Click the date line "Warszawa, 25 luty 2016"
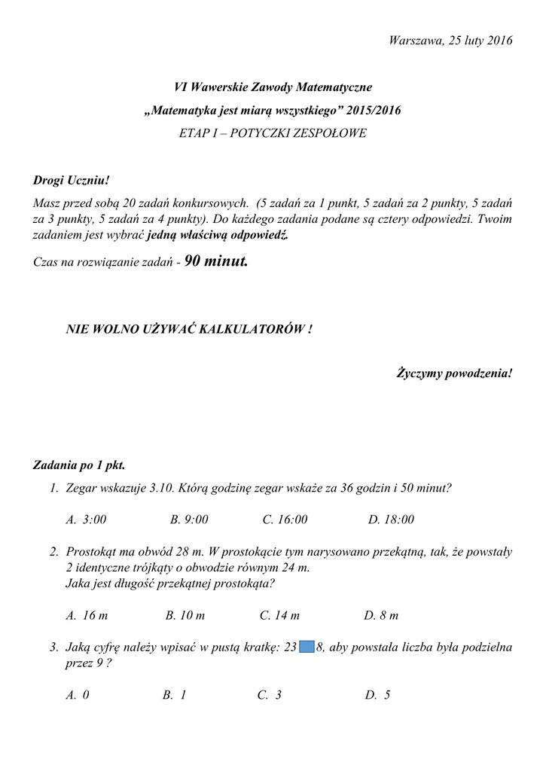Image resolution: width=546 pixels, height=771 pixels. tap(450, 40)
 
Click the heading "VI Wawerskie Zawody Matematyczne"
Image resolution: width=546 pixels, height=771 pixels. tap(272, 89)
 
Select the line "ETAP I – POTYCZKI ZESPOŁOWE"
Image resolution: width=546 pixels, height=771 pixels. tap(272, 133)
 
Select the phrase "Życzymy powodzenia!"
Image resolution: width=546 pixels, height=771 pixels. tap(454, 373)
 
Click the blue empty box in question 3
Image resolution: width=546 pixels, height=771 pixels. tap(307, 647)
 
